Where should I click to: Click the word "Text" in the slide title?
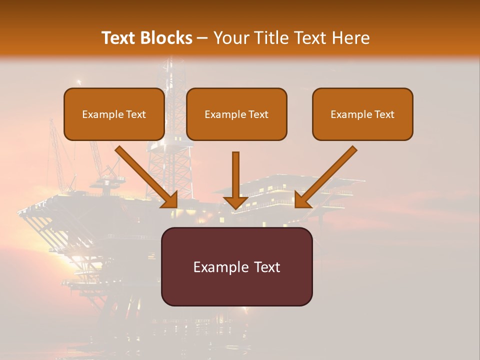click(x=119, y=38)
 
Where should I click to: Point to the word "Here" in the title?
click(x=352, y=38)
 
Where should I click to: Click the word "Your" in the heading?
click(x=229, y=38)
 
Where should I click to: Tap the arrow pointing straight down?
click(x=235, y=177)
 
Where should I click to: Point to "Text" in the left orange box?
click(x=136, y=114)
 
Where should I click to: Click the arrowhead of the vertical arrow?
click(x=235, y=202)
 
